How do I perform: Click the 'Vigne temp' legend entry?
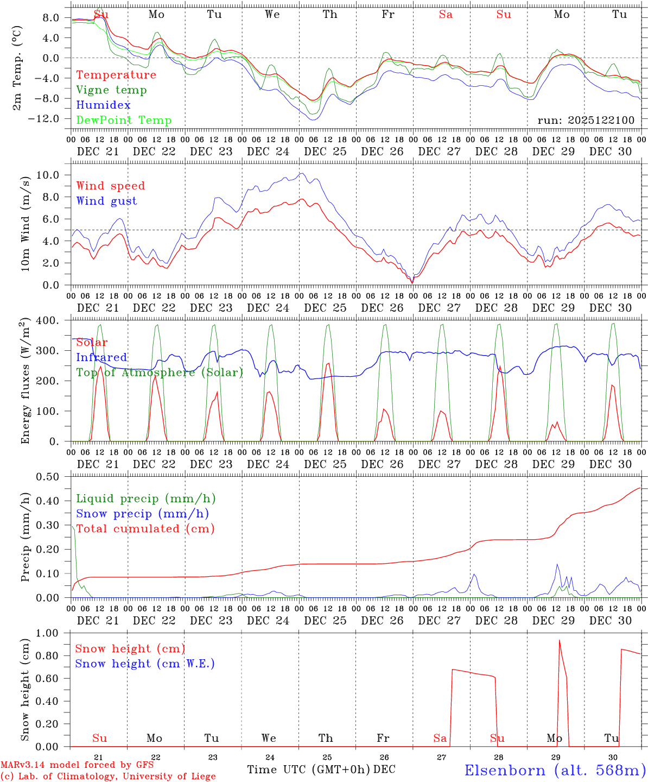111,90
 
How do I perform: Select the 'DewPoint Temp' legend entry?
124,121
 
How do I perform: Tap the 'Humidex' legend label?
103,105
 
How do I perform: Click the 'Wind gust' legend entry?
106,201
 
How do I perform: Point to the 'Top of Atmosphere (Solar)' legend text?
160,373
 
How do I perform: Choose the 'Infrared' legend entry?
101,357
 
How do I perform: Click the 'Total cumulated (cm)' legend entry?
145,529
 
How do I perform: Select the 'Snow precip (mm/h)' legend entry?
142,514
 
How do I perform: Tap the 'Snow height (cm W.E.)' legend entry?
145,664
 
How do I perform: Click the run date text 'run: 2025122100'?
586,120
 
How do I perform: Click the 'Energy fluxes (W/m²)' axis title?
26,381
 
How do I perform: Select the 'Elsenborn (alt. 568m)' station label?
555,770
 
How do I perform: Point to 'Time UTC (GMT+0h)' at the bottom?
308,770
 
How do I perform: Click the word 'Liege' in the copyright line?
203,776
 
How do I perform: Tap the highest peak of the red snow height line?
560,640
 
